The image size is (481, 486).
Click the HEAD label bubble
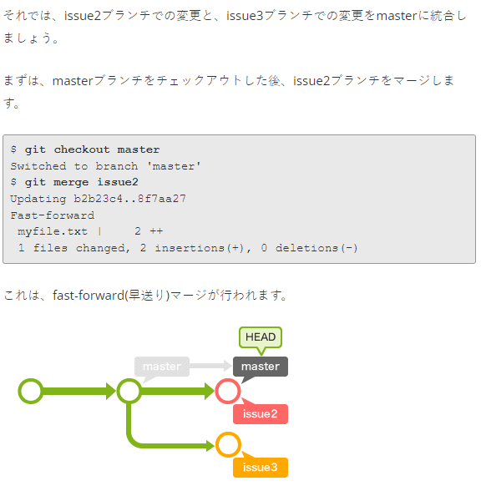click(261, 337)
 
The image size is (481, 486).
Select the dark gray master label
click(261, 367)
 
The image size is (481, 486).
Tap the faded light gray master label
click(162, 367)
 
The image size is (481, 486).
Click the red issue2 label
click(261, 414)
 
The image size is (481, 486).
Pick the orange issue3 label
click(261, 468)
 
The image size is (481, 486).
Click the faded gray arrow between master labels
click(210, 366)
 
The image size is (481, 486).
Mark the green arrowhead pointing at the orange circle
click(210, 446)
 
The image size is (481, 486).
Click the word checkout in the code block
click(82, 149)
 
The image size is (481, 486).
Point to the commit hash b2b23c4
click(98, 199)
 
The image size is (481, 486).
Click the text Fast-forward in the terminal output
click(53, 215)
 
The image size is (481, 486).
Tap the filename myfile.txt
click(53, 231)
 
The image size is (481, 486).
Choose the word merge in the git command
click(71, 182)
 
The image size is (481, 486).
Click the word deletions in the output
click(306, 248)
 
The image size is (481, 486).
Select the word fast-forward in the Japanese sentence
click(89, 295)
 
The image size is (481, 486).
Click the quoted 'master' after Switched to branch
click(174, 166)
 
